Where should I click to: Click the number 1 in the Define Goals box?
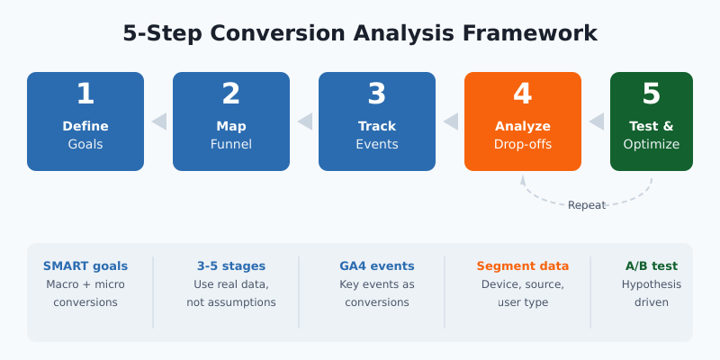pyautogui.click(x=85, y=94)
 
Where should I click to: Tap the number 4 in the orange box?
pyautogui.click(x=522, y=94)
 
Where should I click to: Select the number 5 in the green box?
pyautogui.click(x=651, y=94)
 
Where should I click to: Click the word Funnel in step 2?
pyautogui.click(x=230, y=144)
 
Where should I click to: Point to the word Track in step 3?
pyautogui.click(x=376, y=126)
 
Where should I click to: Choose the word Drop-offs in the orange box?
pyautogui.click(x=522, y=144)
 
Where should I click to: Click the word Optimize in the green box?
pyautogui.click(x=651, y=144)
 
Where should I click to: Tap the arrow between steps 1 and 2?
pyautogui.click(x=159, y=121)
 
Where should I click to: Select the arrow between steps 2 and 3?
pyautogui.click(x=305, y=121)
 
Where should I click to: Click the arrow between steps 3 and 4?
pyautogui.click(x=451, y=121)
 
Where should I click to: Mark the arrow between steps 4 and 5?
pyautogui.click(x=596, y=121)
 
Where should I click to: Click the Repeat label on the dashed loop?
pyautogui.click(x=586, y=205)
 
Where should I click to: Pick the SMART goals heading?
pyautogui.click(x=85, y=266)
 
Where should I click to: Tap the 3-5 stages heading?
pyautogui.click(x=230, y=266)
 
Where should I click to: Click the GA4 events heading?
pyautogui.click(x=376, y=266)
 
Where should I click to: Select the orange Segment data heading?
pyautogui.click(x=522, y=266)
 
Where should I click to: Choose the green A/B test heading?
pyautogui.click(x=651, y=266)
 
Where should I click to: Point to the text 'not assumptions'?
pyautogui.click(x=230, y=302)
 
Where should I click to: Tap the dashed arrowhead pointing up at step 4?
pyautogui.click(x=523, y=178)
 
